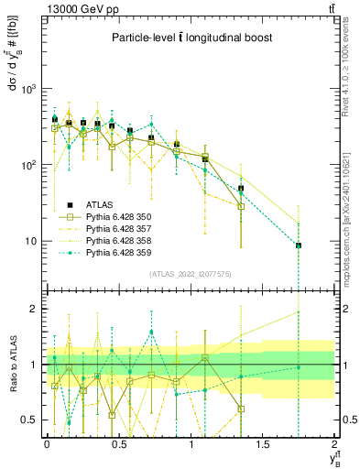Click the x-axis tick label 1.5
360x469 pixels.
pos(263,443)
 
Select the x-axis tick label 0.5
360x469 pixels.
pos(119,443)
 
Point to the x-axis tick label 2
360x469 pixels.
pos(335,443)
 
